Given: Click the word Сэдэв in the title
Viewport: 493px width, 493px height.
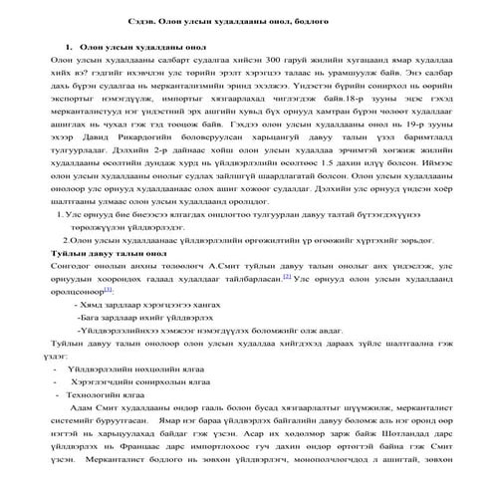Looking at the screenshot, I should point(146,23).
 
